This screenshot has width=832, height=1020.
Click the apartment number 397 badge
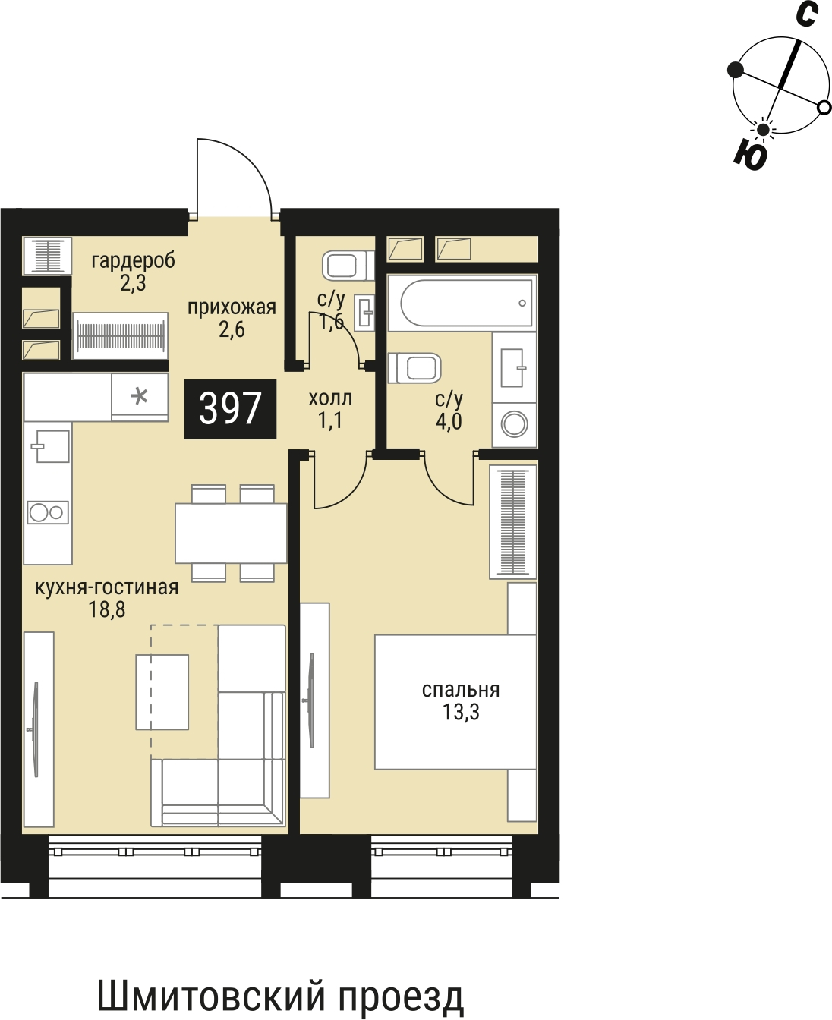point(230,409)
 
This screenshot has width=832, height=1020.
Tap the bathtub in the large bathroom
point(462,303)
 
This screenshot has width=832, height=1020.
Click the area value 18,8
point(106,610)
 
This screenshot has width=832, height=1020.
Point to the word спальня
point(461,690)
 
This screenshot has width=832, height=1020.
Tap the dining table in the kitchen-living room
point(232,533)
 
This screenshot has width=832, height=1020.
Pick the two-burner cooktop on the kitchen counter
point(48,513)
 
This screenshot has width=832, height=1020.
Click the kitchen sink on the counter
point(50,446)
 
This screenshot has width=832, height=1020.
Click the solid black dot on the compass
point(736,70)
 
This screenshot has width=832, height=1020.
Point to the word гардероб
point(134,260)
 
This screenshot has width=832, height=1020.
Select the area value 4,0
point(449,421)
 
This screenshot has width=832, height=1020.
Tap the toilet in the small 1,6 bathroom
point(348,265)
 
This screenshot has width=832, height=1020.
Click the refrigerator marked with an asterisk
point(140,397)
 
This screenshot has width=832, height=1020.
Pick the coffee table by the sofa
point(162,691)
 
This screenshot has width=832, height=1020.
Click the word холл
point(330,398)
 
